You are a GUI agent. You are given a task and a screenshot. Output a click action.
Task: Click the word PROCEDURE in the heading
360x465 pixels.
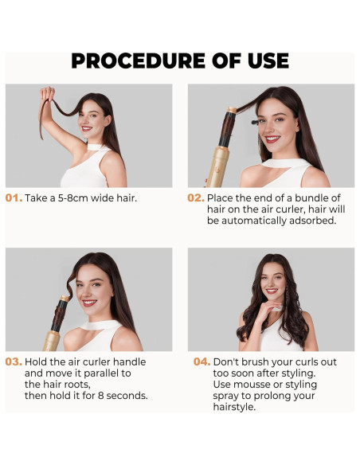(x=139, y=61)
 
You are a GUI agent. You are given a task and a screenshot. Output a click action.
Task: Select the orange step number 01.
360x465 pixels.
(x=14, y=197)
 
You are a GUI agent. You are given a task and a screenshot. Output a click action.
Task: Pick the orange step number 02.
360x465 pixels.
(x=196, y=197)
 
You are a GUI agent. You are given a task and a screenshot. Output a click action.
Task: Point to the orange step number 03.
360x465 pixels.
(x=14, y=361)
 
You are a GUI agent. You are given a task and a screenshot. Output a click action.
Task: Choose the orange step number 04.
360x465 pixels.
(x=202, y=361)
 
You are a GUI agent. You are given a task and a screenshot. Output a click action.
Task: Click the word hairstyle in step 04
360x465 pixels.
(x=234, y=407)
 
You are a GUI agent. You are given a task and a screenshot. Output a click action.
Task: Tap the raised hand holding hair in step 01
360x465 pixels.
(x=48, y=94)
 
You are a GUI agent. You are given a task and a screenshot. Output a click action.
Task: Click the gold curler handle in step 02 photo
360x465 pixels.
(x=217, y=167)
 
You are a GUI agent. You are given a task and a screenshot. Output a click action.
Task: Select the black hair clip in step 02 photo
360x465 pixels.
(x=255, y=122)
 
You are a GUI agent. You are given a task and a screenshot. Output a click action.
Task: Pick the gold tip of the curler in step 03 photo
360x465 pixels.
(x=65, y=299)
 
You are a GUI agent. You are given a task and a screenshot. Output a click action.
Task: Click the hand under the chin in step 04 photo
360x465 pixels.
(x=267, y=311)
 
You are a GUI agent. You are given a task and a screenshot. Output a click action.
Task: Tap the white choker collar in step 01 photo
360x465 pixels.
(x=95, y=147)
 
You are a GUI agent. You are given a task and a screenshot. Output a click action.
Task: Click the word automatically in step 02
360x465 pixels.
(x=254, y=221)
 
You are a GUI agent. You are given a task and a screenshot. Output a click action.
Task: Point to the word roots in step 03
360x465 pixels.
(x=76, y=385)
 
